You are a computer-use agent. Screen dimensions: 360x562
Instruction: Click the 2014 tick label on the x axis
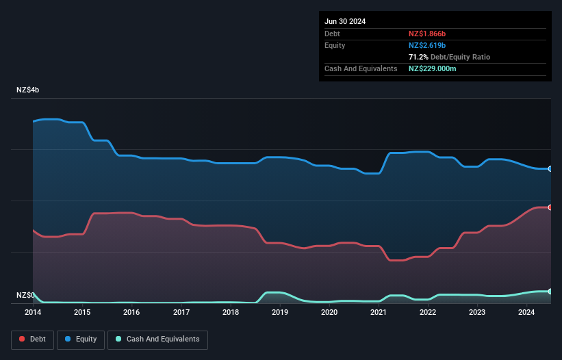coord(33,313)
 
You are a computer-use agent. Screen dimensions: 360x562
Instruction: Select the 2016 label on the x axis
coord(131,313)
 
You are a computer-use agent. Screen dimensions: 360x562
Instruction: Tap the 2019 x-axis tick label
coord(280,313)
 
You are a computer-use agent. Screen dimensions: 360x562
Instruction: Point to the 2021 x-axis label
coord(379,313)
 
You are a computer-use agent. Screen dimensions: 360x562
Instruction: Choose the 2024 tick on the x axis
coord(527,313)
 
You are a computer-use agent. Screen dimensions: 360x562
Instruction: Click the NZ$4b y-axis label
coord(29,90)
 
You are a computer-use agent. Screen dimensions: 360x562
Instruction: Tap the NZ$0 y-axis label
coord(26,295)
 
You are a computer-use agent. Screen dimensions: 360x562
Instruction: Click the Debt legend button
coord(33,339)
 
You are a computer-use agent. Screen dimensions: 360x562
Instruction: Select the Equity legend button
coord(81,339)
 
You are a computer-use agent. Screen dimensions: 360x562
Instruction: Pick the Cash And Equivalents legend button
coord(157,339)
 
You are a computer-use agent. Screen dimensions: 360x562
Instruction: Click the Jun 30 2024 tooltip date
coord(345,21)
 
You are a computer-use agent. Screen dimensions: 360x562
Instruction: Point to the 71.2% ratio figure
coord(418,57)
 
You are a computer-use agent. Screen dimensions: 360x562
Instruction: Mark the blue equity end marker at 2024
coord(550,168)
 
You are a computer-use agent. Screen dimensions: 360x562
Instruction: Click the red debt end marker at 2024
coord(550,207)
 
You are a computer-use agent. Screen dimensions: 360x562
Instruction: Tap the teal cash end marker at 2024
coord(550,292)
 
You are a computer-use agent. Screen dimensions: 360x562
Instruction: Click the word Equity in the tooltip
coord(335,45)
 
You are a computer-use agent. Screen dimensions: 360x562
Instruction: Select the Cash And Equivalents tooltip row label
coord(361,69)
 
